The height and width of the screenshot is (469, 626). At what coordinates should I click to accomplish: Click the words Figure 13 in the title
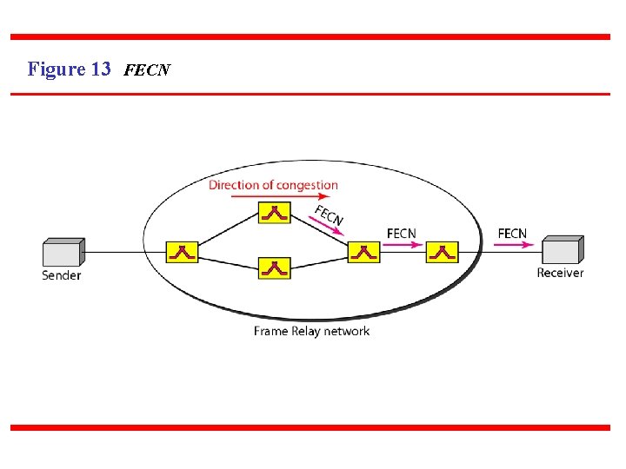[x=69, y=69]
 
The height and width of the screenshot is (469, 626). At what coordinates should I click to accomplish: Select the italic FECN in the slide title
[x=147, y=70]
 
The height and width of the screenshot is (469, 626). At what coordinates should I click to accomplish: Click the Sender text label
[x=61, y=275]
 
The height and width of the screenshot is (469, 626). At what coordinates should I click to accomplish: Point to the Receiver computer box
[x=563, y=250]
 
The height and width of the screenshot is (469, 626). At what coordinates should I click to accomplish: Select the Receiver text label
[x=560, y=273]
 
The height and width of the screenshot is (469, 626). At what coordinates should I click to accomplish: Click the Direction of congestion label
[x=273, y=184]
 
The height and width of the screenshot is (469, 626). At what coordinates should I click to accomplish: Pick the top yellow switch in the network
[x=275, y=213]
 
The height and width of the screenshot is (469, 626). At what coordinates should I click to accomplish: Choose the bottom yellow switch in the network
[x=275, y=268]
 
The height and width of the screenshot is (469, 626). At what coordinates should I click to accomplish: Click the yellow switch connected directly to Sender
[x=183, y=252]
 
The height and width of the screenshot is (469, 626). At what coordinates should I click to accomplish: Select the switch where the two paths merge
[x=363, y=252]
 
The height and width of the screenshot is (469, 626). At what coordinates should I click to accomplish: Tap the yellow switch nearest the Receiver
[x=442, y=252]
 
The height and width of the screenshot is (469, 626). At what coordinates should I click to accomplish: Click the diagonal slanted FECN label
[x=330, y=215]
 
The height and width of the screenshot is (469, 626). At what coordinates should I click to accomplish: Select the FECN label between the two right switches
[x=401, y=233]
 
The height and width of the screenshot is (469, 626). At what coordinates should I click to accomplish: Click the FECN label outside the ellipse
[x=512, y=233]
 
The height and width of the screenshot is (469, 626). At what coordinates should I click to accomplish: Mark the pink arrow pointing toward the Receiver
[x=512, y=245]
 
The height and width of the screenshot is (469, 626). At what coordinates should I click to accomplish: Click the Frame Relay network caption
[x=311, y=331]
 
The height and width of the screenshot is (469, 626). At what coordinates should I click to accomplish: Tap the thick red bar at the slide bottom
[x=310, y=427]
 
